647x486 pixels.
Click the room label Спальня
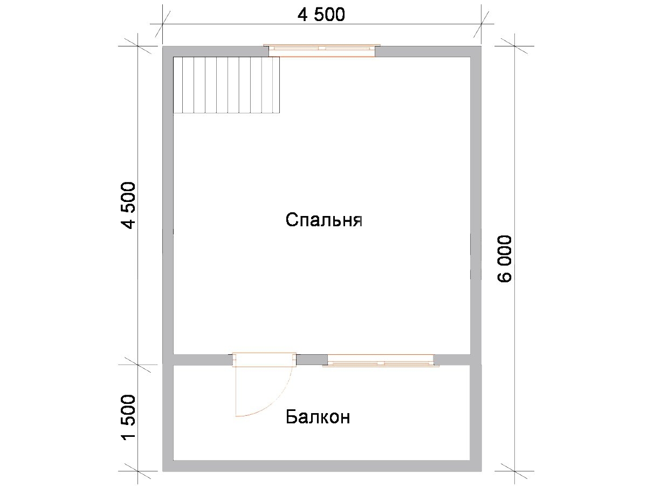click(x=323, y=220)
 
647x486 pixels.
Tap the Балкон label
click(x=318, y=417)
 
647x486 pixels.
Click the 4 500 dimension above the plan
click(x=321, y=15)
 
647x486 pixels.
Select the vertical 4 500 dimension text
click(x=128, y=205)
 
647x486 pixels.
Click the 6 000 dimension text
click(x=504, y=259)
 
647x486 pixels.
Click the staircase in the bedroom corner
click(x=226, y=85)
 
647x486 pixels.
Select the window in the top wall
click(x=322, y=50)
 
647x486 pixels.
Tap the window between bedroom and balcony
click(x=381, y=360)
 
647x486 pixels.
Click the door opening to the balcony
click(x=264, y=360)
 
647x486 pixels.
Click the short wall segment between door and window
click(x=312, y=360)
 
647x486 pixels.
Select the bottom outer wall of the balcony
click(x=322, y=474)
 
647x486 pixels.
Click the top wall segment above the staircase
click(x=216, y=51)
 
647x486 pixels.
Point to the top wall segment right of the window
click(x=428, y=51)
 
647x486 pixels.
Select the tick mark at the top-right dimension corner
click(x=481, y=24)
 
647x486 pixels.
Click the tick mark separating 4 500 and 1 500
click(x=137, y=365)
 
